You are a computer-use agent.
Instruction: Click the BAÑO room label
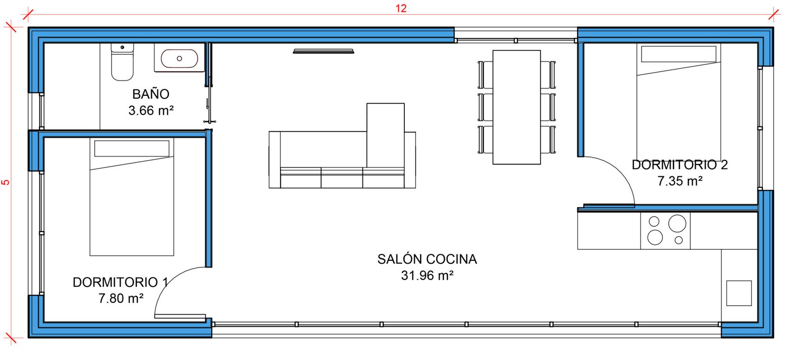pos(151,94)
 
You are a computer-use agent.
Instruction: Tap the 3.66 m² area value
pos(151,111)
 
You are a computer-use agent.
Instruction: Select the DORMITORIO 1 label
pos(120,282)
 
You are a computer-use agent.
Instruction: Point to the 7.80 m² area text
pos(121,298)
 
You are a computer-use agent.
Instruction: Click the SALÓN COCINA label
pos(427,259)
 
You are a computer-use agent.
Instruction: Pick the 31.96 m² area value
pos(427,276)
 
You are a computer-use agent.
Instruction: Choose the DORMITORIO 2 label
pos(679,164)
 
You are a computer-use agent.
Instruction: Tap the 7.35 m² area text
pos(680,181)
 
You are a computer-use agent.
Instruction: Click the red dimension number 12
pos(401,8)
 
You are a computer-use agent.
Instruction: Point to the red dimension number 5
pos(5,182)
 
